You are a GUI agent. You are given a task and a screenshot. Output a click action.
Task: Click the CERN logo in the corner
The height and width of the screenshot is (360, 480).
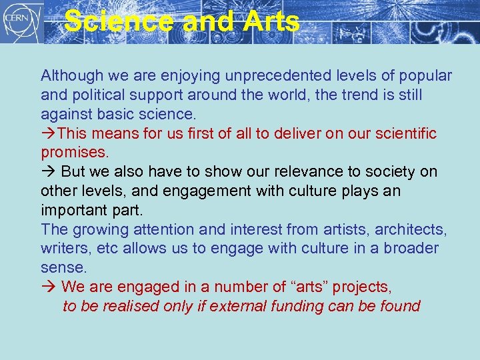coord(22,22)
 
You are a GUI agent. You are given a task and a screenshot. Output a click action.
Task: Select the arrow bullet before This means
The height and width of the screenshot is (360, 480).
coord(49,133)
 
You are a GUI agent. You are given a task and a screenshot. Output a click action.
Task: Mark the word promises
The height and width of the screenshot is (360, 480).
coord(74,153)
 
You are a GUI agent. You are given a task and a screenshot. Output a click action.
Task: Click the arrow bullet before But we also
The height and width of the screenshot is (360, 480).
coord(49,171)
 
